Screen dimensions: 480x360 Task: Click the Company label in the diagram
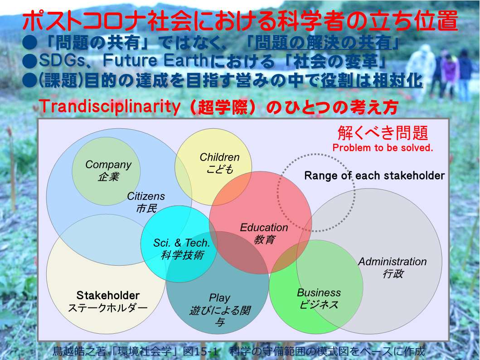point(108,165)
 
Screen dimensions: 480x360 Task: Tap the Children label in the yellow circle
point(219,157)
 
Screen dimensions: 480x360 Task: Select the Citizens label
point(145,196)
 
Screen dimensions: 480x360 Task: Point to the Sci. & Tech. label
point(182,243)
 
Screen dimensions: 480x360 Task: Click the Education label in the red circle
point(264,228)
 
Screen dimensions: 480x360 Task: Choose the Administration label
point(393,262)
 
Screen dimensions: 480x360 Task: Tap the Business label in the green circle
point(319,292)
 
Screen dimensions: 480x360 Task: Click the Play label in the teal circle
point(219,297)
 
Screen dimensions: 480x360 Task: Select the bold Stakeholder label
point(108,296)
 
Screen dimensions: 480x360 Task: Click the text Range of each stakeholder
point(374,176)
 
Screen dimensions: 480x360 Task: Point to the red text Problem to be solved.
point(383,147)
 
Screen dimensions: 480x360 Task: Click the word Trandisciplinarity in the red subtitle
point(110,107)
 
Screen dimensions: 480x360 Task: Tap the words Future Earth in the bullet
point(155,60)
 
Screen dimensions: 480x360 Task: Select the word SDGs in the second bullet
point(61,60)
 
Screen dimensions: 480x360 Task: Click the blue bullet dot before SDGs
point(30,61)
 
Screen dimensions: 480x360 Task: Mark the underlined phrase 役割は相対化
point(372,81)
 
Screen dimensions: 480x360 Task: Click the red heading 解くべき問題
point(383,132)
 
